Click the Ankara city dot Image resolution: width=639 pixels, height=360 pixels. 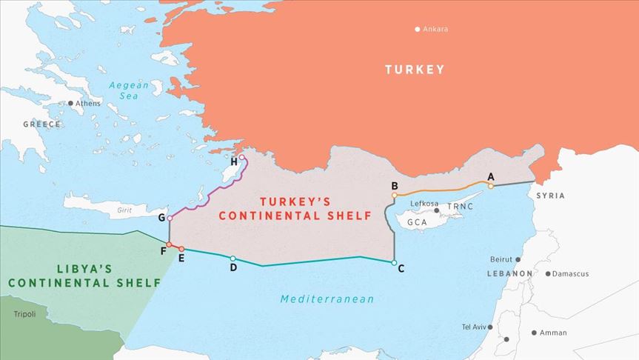(x=418, y=30)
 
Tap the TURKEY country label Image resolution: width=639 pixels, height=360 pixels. (x=415, y=70)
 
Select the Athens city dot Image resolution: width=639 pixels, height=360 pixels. (x=71, y=104)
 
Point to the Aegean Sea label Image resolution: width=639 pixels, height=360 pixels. (x=129, y=90)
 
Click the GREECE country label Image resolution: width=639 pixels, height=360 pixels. (x=41, y=124)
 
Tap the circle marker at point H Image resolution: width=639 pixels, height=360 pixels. (x=242, y=158)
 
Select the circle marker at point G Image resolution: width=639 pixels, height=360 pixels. (x=170, y=219)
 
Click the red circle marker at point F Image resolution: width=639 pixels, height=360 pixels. (x=169, y=244)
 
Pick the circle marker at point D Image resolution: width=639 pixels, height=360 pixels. (x=233, y=259)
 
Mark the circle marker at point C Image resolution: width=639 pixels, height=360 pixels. (x=394, y=262)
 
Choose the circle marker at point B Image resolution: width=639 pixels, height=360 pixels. (x=395, y=196)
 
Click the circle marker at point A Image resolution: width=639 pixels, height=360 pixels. (x=490, y=186)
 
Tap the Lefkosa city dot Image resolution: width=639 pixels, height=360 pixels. (x=437, y=211)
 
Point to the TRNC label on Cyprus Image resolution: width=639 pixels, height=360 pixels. (x=459, y=206)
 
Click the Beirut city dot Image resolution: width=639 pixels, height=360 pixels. (x=518, y=260)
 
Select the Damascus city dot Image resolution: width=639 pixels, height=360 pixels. (x=548, y=274)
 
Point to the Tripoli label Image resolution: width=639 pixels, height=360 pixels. (x=24, y=314)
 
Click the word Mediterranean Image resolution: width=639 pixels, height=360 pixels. (x=327, y=299)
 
